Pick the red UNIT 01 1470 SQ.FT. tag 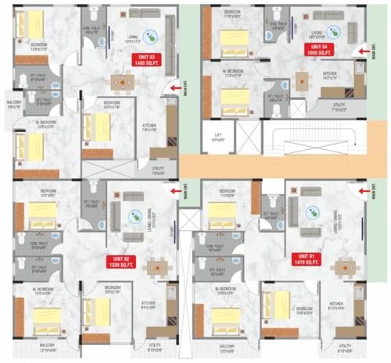pos(305,258)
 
